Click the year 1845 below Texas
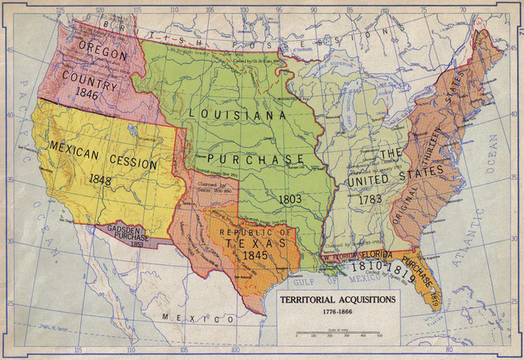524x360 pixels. (257, 256)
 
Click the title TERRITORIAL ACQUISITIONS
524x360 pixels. (339, 300)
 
